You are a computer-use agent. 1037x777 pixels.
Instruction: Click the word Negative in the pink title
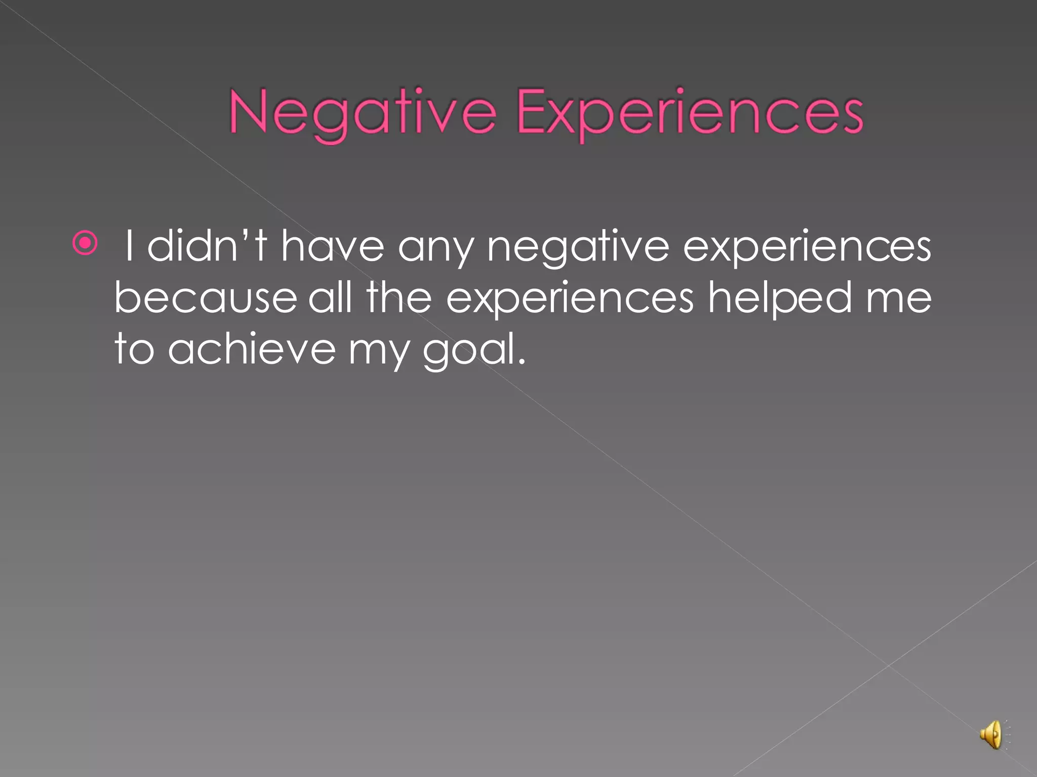point(362,112)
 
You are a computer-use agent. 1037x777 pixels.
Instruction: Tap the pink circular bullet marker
point(85,243)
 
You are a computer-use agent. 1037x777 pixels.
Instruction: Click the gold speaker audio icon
point(991,735)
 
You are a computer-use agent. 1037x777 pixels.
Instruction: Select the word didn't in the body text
point(207,246)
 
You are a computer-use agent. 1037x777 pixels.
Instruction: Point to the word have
point(332,246)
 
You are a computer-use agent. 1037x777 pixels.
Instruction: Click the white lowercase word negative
point(578,248)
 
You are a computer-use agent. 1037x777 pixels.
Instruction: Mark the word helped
point(780,298)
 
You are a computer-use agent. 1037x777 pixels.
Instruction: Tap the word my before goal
point(379,352)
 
